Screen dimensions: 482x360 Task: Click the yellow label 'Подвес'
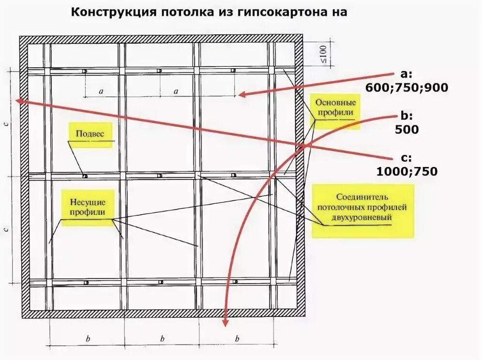pyautogui.click(x=90, y=134)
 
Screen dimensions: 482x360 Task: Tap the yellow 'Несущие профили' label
pyautogui.click(x=88, y=207)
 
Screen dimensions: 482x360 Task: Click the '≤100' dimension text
pyautogui.click(x=323, y=55)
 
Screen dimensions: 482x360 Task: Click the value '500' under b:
pyautogui.click(x=407, y=130)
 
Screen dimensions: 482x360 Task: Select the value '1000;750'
pyautogui.click(x=407, y=171)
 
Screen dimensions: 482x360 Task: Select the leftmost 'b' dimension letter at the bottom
pyautogui.click(x=88, y=339)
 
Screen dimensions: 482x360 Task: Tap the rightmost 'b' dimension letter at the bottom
pyautogui.click(x=237, y=339)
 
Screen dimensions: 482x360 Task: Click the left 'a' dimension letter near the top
pyautogui.click(x=101, y=90)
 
